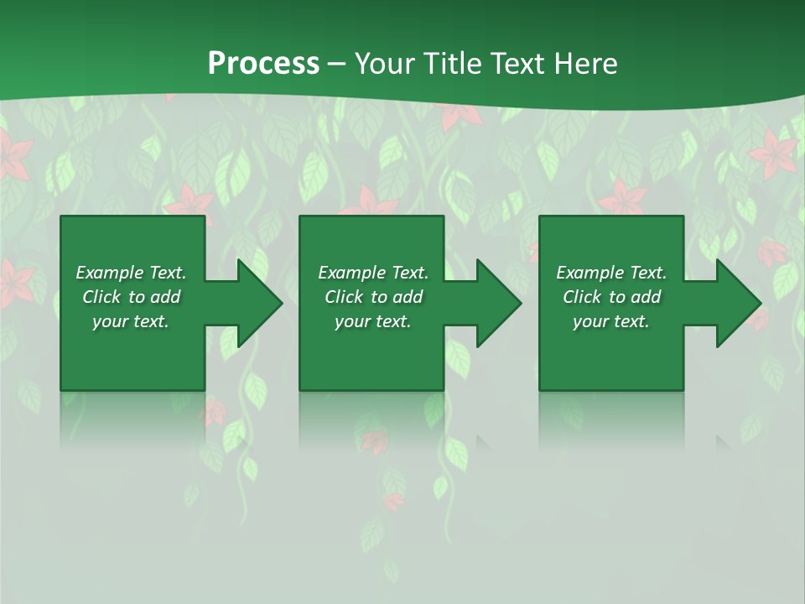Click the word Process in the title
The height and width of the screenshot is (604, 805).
[x=263, y=64]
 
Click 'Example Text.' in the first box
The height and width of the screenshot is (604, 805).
[x=131, y=273]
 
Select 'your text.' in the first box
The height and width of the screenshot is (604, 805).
[x=131, y=321]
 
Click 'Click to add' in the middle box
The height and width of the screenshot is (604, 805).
[x=373, y=297]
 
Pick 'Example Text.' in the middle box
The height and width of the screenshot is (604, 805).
[x=373, y=273]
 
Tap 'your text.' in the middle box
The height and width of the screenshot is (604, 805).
[x=373, y=321]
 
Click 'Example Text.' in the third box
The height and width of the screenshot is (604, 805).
[x=611, y=273]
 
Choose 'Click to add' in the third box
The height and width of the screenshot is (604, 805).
[x=611, y=297]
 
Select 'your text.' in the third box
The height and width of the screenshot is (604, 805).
[x=611, y=321]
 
